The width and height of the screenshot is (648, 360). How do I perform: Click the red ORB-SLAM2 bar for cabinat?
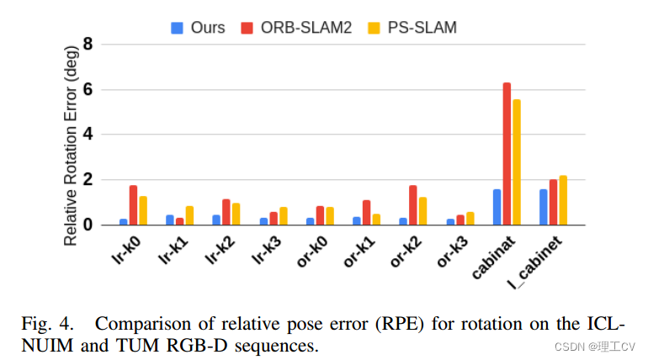[507, 154]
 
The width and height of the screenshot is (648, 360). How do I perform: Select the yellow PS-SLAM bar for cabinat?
[516, 162]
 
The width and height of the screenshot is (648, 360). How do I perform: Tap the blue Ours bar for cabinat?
[497, 207]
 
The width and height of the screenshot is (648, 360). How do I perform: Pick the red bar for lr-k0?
[133, 205]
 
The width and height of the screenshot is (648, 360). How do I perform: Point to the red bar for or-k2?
[412, 205]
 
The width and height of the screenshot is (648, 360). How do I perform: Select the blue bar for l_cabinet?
[544, 207]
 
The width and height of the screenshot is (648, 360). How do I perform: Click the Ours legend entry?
[199, 27]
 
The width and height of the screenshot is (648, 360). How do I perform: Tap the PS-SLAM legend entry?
[413, 27]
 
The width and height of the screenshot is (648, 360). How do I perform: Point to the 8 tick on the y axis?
[87, 44]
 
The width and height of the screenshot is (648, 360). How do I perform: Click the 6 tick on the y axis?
[87, 89]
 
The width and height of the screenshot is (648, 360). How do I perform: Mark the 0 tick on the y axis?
[87, 225]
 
